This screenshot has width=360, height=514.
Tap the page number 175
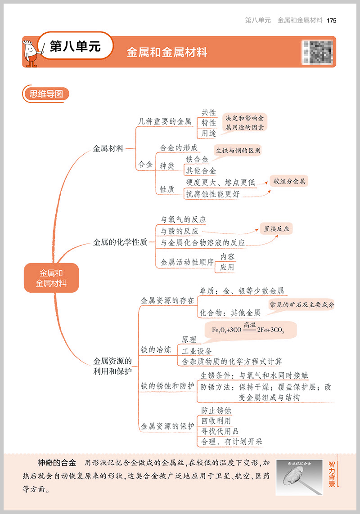332,21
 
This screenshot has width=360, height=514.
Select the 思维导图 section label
46,94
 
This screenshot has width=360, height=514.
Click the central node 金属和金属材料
51,278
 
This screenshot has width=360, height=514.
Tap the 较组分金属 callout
289,182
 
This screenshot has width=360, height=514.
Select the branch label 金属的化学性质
120,242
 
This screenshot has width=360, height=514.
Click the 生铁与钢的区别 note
238,151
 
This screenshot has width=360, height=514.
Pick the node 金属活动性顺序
187,262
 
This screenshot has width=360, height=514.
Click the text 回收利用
216,421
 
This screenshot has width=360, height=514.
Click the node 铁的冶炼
156,349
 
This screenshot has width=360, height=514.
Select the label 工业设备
197,351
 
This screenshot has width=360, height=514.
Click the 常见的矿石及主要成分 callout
301,305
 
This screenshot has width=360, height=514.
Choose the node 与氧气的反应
184,220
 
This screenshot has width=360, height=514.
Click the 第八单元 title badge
75,46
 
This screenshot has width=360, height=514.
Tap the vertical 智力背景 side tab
332,475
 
